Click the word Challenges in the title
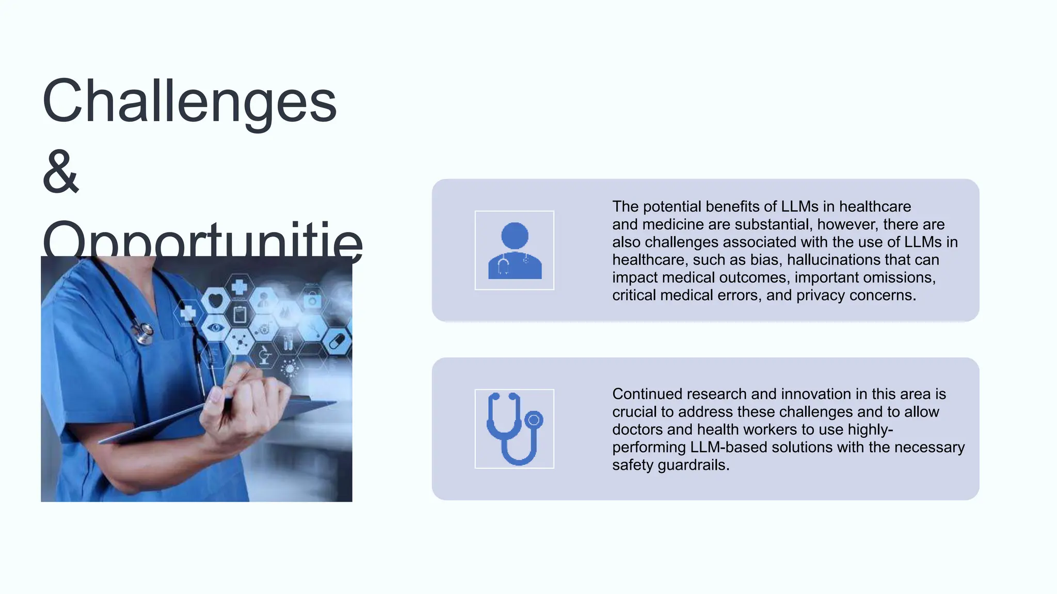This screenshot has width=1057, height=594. pos(189,102)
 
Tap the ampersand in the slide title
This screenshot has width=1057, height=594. pos(61,172)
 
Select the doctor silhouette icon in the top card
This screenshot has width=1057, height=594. pos(515,251)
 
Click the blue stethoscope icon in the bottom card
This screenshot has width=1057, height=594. pos(515,429)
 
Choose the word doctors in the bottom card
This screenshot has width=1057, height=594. pos(637,430)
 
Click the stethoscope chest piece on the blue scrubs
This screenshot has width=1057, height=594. pos(144,333)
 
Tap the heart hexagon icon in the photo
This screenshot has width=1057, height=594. pos(216,299)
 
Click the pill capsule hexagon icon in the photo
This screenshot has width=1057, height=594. pos(337,341)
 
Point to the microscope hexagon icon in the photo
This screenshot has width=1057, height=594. pos(264,355)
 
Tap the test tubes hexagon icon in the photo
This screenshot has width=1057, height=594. pos(288,341)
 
